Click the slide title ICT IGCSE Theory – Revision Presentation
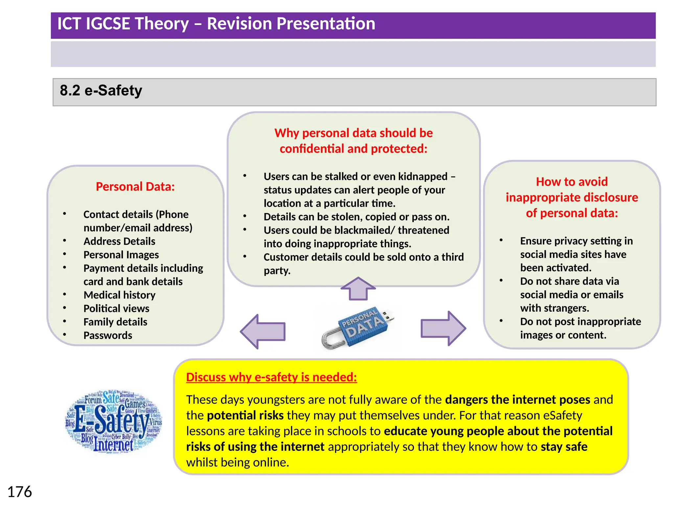(216, 24)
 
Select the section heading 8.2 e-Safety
(101, 91)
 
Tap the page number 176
(19, 492)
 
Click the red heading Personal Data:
(135, 187)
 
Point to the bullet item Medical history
(119, 295)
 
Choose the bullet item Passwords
(108, 335)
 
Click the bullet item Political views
(116, 308)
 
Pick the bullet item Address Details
(119, 241)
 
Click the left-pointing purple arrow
(263, 331)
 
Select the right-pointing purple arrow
(443, 328)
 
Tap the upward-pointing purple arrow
(358, 288)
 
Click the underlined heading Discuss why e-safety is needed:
(271, 377)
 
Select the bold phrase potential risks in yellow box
(245, 416)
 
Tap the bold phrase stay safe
(564, 447)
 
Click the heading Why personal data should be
(354, 133)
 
